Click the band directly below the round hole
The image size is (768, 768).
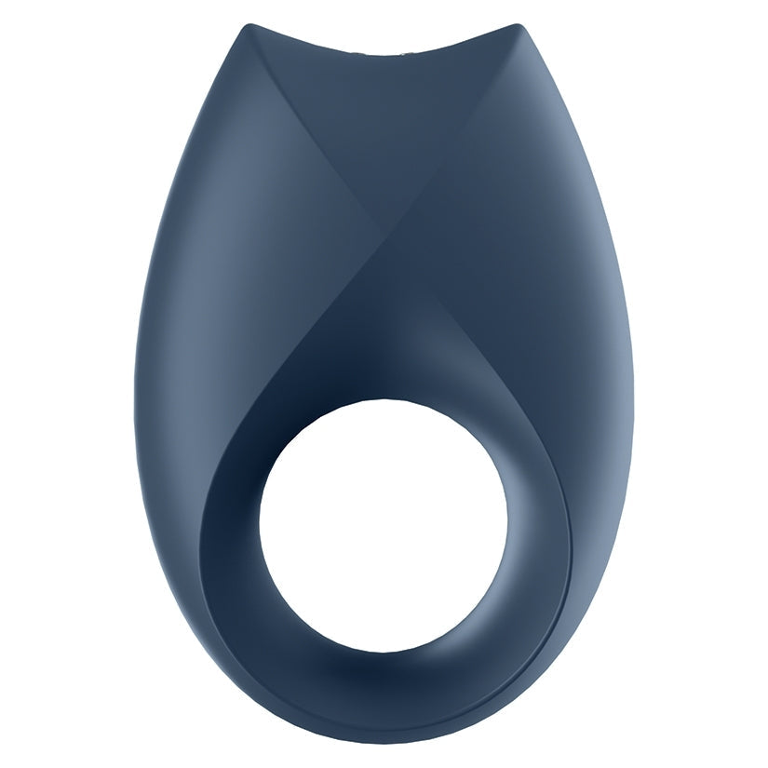click(384, 684)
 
